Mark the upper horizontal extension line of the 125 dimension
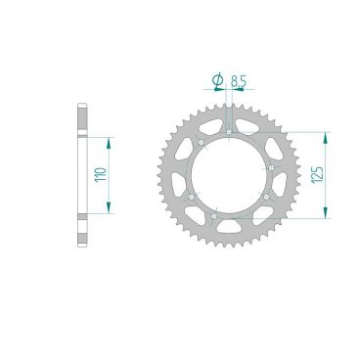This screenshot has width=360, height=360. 293,130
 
